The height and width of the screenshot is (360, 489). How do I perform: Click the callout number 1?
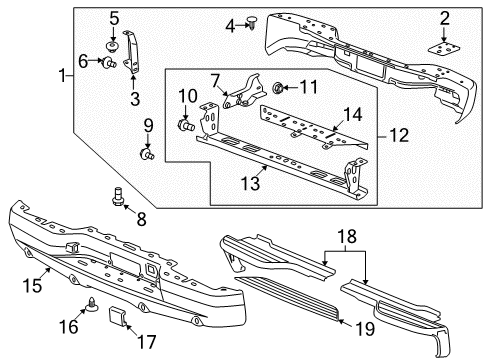(63, 75)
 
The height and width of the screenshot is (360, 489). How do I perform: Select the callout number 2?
(444, 17)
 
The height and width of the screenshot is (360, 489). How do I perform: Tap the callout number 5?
(114, 17)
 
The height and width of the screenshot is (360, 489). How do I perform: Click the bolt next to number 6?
(105, 64)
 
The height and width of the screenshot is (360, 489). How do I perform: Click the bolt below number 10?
(186, 127)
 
